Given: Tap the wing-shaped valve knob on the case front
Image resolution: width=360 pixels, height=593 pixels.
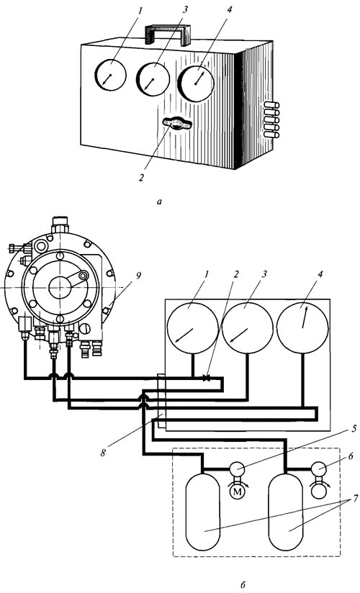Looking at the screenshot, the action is point(177,124).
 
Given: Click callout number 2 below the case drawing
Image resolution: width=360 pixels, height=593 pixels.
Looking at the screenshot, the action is point(141,177).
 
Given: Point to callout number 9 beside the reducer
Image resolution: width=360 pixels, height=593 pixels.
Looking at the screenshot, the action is point(138,276).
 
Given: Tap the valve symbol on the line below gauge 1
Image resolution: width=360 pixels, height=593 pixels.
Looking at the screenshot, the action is point(207,377).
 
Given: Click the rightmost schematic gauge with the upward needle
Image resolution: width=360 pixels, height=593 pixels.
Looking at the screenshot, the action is point(302,328).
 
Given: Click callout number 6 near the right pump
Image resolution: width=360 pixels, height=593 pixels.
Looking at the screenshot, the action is point(351,456).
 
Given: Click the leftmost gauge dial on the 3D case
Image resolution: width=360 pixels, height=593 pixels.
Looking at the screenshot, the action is point(110,75).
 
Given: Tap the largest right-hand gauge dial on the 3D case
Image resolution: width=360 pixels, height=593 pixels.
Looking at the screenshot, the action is point(196,84).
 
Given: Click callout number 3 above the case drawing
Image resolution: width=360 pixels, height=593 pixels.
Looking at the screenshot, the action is point(185,10).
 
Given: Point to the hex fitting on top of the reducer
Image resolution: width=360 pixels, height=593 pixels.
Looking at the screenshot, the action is point(60,224).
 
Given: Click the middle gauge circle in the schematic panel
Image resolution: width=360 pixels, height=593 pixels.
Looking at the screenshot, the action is point(248,328).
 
